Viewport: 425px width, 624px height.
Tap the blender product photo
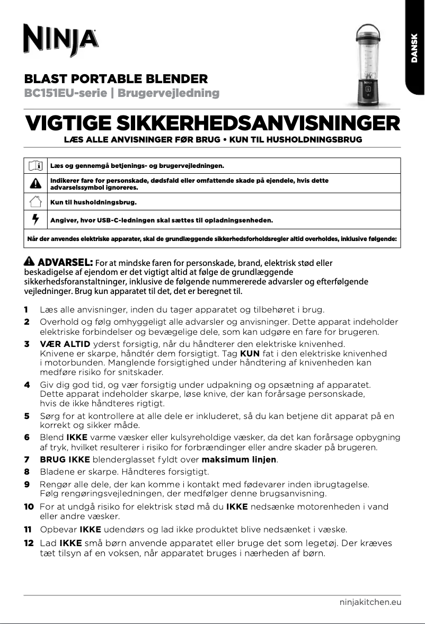[366, 65]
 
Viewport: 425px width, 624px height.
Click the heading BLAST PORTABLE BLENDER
[116, 79]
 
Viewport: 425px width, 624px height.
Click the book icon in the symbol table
[36, 166]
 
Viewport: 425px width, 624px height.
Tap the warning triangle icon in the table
[36, 184]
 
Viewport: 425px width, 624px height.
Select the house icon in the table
[36, 202]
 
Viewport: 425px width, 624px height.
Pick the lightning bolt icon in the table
[36, 219]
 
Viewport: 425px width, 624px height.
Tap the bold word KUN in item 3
[250, 353]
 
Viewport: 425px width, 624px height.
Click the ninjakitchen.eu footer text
[370, 602]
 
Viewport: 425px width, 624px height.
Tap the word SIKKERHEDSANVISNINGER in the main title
[257, 124]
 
